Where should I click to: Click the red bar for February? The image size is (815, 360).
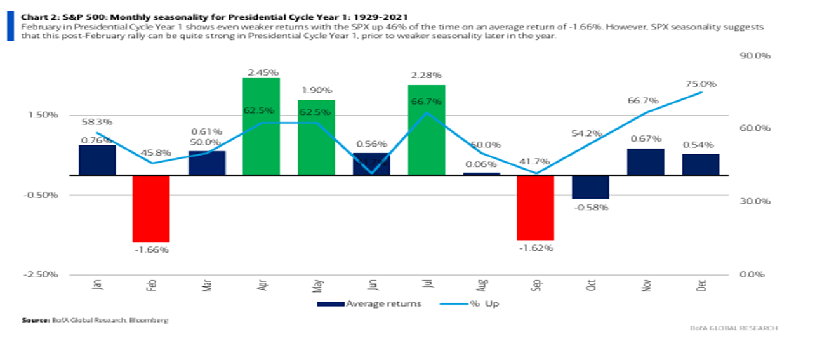coord(151,208)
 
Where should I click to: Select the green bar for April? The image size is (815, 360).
coord(261,126)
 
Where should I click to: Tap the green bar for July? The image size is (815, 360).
coord(426,130)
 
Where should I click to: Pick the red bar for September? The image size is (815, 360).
coord(535,207)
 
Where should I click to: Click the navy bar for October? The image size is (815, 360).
coord(590,187)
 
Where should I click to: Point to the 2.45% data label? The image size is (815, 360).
coord(261,72)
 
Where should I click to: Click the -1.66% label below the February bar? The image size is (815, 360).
coord(151,250)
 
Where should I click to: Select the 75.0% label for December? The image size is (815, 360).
coord(701,84)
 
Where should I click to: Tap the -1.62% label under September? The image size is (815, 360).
coord(535,248)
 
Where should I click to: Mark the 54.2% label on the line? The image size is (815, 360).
coord(590,133)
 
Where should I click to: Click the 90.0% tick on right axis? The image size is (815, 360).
coord(755,56)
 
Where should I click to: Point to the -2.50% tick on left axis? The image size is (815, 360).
coord(42,274)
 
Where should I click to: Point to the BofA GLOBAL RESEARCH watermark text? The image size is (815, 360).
coord(733,328)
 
